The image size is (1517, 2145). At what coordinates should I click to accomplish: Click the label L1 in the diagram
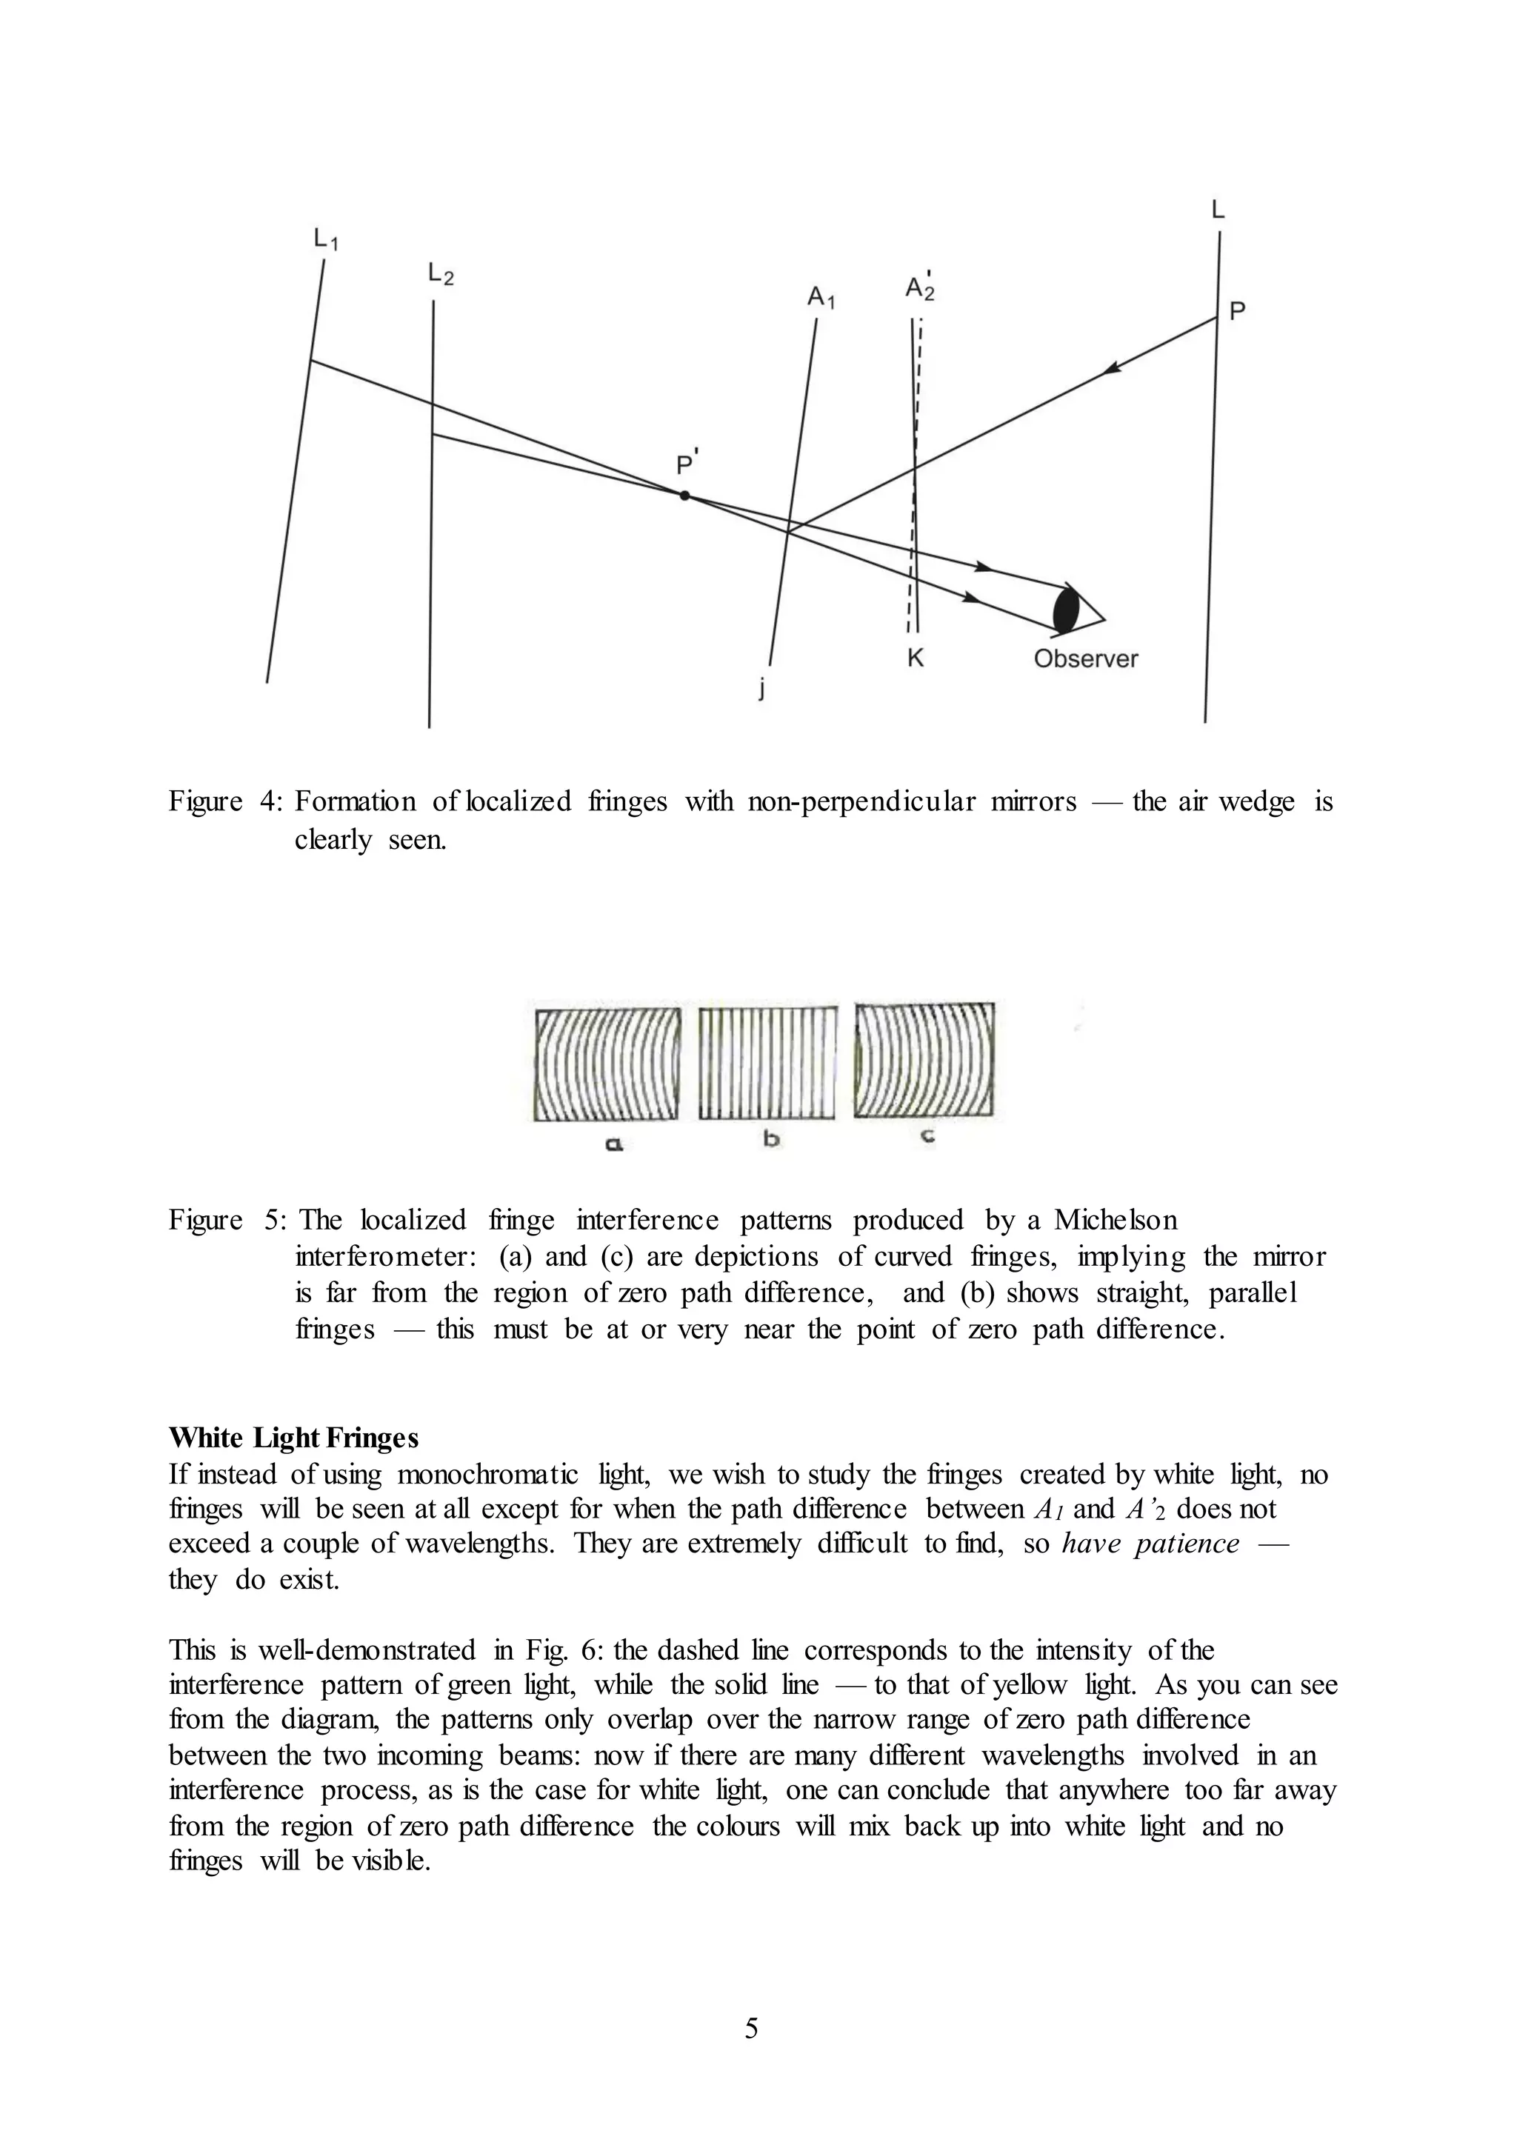(325, 240)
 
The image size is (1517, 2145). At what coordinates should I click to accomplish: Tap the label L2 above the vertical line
(440, 274)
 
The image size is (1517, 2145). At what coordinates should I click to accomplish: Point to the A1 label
(820, 298)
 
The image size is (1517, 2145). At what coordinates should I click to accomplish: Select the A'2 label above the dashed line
(919, 287)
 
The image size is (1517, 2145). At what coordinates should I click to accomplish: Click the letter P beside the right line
(1237, 311)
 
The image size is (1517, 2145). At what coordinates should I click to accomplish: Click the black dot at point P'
(684, 496)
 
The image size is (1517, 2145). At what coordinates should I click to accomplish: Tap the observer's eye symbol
(1067, 610)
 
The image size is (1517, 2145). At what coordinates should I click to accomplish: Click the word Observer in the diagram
(1085, 658)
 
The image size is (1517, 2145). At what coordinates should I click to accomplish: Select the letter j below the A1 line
(761, 690)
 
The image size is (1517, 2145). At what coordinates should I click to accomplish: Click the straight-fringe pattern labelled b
(768, 1062)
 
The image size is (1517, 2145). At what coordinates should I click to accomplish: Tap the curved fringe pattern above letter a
(607, 1063)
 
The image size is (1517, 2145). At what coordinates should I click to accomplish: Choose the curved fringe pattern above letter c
(924, 1061)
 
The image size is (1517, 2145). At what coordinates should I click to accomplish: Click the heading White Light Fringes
(293, 1438)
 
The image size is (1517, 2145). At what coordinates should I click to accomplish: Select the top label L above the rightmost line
(1217, 210)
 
